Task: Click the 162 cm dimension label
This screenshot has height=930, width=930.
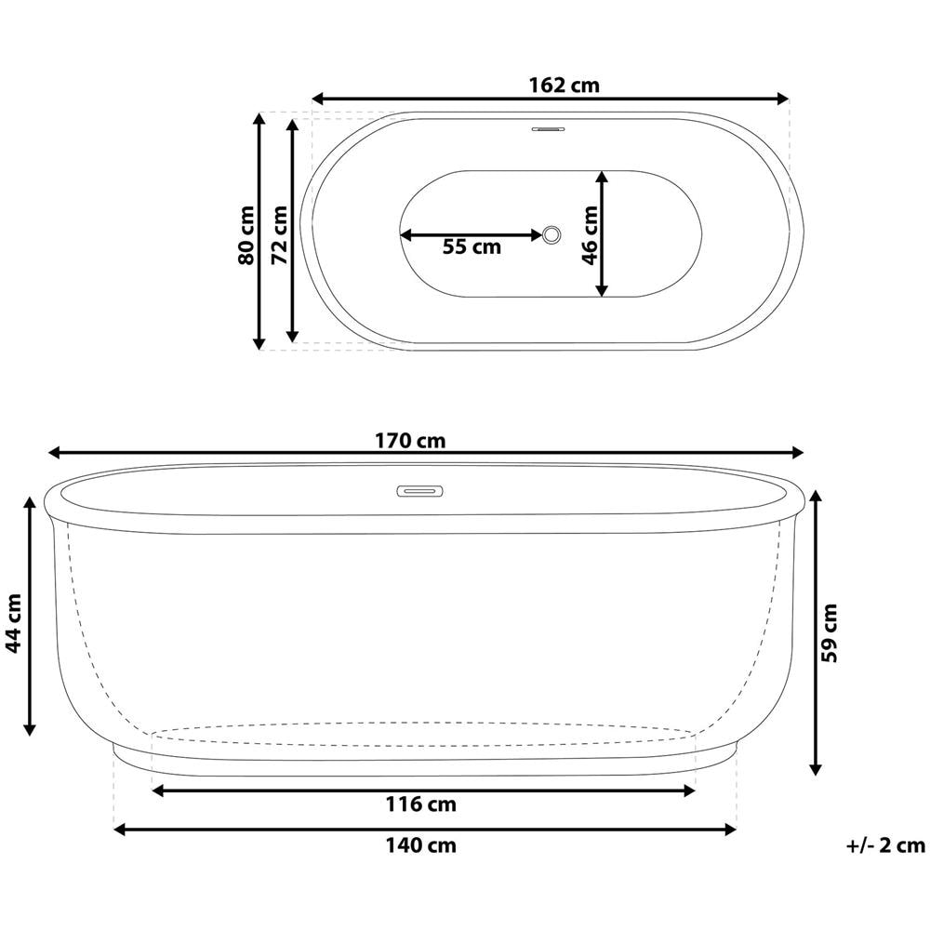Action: (x=564, y=86)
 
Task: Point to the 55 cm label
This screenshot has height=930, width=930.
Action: (x=471, y=246)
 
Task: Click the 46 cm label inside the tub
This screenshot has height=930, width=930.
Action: (x=589, y=234)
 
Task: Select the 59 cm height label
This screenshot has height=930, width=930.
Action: (x=830, y=632)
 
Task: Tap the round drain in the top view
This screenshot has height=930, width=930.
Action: (x=551, y=234)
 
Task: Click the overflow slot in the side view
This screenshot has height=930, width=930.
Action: (x=420, y=490)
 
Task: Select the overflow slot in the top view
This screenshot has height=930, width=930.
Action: (x=549, y=130)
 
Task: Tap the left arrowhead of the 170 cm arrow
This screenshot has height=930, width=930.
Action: (x=54, y=453)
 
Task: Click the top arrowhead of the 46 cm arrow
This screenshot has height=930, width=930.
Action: (x=602, y=177)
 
